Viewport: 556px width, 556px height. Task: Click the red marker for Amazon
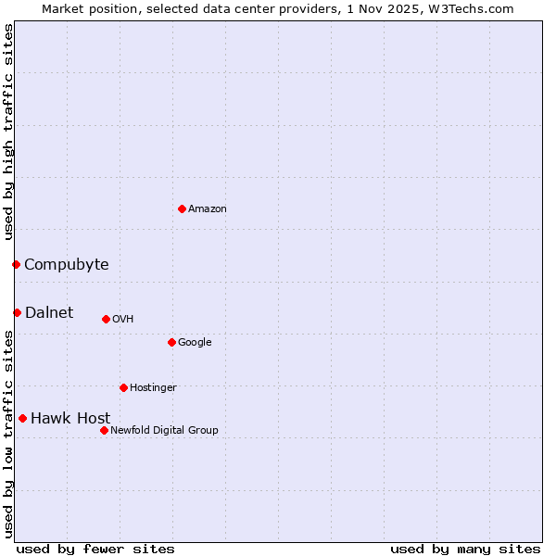click(182, 208)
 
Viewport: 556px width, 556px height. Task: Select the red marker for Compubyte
click(16, 265)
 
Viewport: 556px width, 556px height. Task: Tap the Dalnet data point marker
click(17, 312)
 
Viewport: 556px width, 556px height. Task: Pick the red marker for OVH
click(106, 319)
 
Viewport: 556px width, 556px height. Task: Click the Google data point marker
click(171, 342)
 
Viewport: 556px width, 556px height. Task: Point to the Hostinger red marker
click(123, 387)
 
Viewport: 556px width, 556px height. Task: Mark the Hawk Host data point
click(22, 418)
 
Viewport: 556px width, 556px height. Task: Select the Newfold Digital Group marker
click(104, 430)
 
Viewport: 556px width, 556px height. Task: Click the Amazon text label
click(208, 209)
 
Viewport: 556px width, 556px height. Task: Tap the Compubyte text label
click(67, 265)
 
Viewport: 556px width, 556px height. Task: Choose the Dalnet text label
click(49, 312)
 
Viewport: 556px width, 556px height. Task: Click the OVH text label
click(123, 320)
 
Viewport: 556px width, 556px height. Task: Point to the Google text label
click(195, 343)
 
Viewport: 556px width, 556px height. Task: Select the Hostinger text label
click(153, 387)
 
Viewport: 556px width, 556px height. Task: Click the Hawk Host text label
click(70, 419)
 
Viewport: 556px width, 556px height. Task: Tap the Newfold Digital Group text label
click(164, 430)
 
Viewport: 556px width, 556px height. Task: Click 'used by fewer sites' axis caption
click(95, 549)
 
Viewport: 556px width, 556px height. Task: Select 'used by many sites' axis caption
click(465, 549)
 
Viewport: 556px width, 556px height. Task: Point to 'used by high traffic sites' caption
click(9, 133)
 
